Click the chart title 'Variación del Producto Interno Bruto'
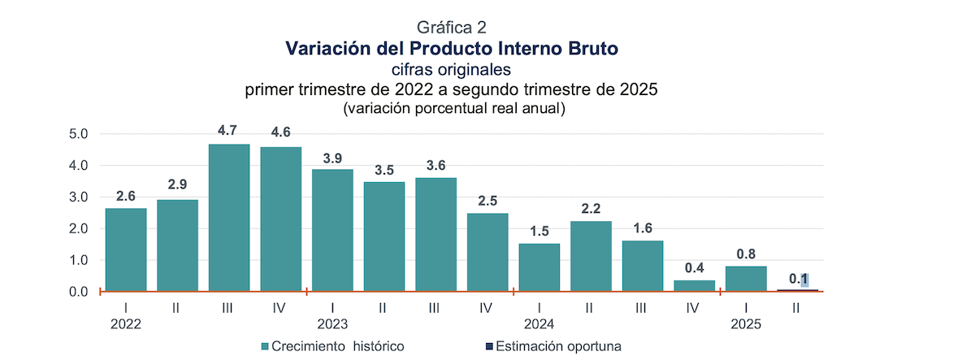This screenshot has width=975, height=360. (x=452, y=48)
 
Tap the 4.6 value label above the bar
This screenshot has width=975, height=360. (x=280, y=132)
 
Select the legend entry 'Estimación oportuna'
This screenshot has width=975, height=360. (x=557, y=346)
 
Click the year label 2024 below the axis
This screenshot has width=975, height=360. (x=539, y=323)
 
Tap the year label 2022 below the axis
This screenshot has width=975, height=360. (x=126, y=323)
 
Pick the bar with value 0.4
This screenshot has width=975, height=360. (x=695, y=285)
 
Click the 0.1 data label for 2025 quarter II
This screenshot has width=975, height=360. (x=798, y=279)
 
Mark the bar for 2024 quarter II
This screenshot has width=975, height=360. (x=591, y=256)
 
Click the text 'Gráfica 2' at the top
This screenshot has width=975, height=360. (x=451, y=28)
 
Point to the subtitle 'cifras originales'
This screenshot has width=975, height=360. (x=452, y=69)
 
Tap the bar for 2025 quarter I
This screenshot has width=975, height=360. (x=746, y=278)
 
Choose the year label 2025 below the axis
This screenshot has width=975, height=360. (x=746, y=323)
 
